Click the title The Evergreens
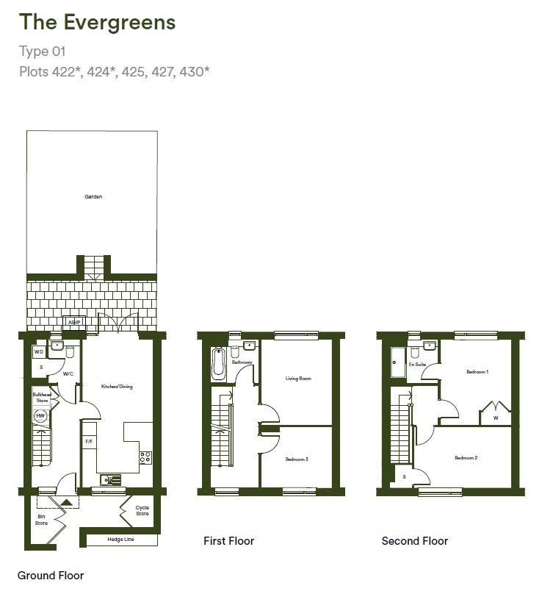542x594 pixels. coord(98,23)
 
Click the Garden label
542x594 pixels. coord(93,197)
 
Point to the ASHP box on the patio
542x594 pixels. coord(73,322)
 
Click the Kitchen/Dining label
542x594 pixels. coord(117,386)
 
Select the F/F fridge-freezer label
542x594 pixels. coord(89,442)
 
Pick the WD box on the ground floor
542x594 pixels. coord(39,351)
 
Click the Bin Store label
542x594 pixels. coord(41,520)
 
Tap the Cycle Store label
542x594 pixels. coord(142,510)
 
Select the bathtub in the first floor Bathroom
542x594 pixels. coord(217,365)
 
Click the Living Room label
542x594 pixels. coord(298,379)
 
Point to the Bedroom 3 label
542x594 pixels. coord(296,459)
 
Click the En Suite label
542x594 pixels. coord(418,364)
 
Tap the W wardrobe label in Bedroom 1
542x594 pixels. coord(496,418)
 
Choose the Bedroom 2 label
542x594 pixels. coord(466,457)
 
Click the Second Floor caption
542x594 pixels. coord(414,541)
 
